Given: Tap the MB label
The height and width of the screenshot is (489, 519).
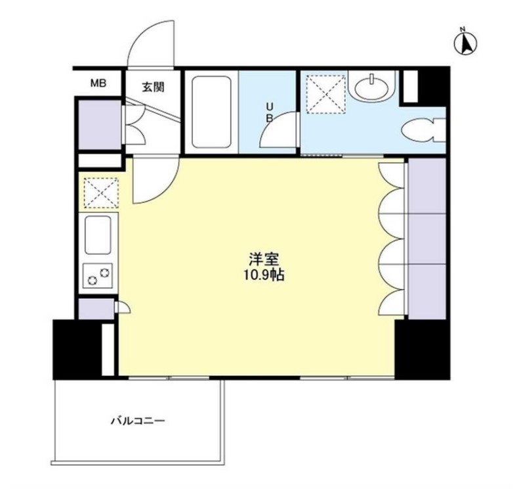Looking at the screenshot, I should coord(98,83).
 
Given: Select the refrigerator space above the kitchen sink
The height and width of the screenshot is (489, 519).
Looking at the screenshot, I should coord(99,192).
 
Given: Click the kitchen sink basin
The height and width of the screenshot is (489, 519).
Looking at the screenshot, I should coord(97,235).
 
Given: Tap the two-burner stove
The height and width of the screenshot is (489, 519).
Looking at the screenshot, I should coord(97,274).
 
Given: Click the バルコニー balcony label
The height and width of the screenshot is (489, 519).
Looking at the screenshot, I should coord(137,419).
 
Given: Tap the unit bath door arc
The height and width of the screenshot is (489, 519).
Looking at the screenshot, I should coord(279,131).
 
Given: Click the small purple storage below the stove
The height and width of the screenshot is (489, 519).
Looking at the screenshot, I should coord(95,309).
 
